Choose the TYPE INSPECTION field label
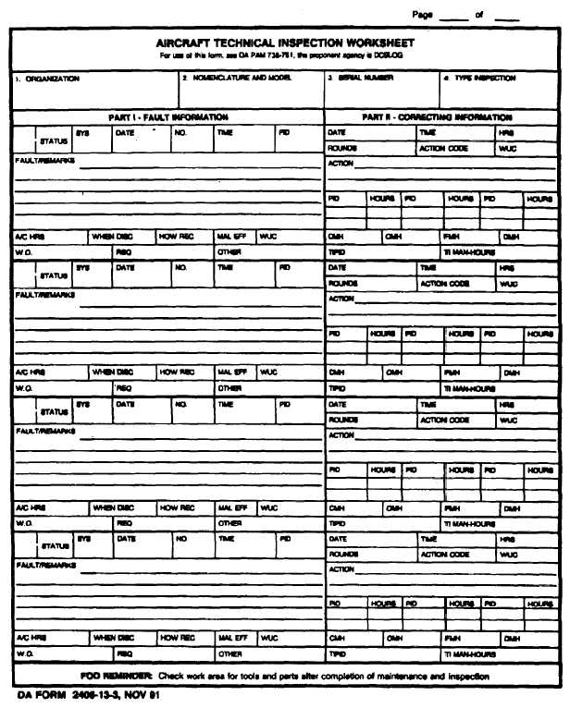pyautogui.click(x=483, y=79)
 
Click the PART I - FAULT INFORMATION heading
pyautogui.click(x=167, y=117)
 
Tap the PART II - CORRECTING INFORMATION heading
pyautogui.click(x=437, y=117)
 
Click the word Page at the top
pyautogui.click(x=423, y=15)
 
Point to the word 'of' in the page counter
pyautogui.click(x=479, y=15)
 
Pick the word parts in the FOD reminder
pyautogui.click(x=304, y=676)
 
